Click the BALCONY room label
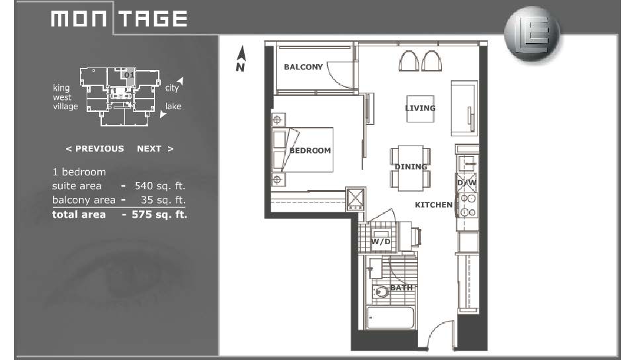tap(303, 67)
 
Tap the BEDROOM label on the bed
tap(310, 151)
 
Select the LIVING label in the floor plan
tap(421, 108)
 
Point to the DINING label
tap(411, 167)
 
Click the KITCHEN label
tap(434, 205)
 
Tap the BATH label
tap(401, 287)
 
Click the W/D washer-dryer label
tap(381, 242)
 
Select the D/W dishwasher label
tap(466, 183)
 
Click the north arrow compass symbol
tap(241, 59)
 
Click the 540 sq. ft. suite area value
tap(159, 186)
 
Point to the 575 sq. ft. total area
tap(159, 214)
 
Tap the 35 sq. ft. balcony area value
tap(163, 200)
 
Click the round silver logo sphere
tap(532, 34)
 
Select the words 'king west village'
tap(65, 97)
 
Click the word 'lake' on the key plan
tap(173, 107)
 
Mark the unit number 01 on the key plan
tap(129, 75)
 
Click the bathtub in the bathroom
tap(390, 318)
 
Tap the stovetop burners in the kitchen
tap(468, 205)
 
